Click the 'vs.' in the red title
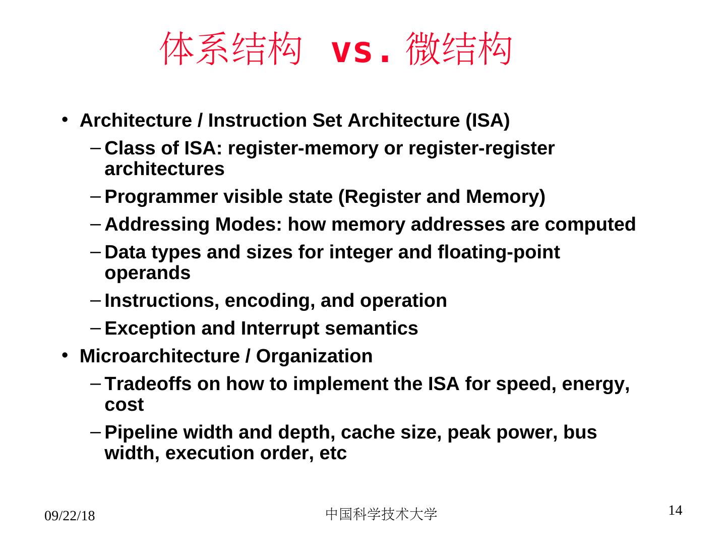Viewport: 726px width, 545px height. [x=360, y=52]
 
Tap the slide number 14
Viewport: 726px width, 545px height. [x=675, y=511]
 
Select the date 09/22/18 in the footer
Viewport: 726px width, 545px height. [x=70, y=516]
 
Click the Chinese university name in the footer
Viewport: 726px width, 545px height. [x=381, y=514]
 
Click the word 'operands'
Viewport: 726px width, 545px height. [x=147, y=273]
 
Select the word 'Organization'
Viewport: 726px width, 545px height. [x=314, y=356]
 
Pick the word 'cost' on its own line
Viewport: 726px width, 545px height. [x=124, y=405]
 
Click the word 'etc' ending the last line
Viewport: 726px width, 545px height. [x=333, y=453]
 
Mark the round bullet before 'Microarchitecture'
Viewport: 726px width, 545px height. [x=65, y=356]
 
